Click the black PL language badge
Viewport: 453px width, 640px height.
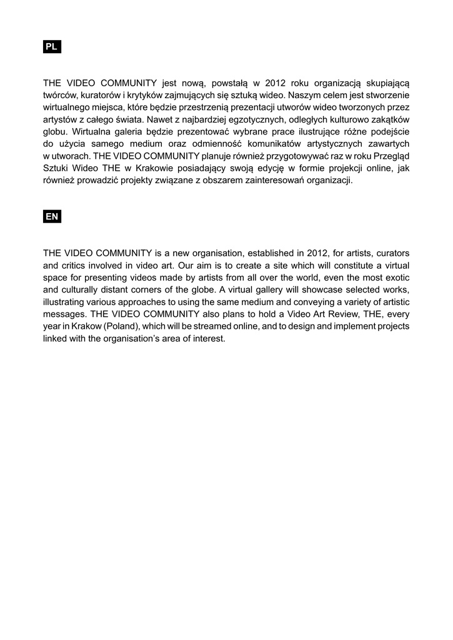coord(52,47)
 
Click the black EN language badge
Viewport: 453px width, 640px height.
coord(52,216)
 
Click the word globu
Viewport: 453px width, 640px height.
coord(55,132)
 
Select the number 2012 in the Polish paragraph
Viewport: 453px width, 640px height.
coord(275,82)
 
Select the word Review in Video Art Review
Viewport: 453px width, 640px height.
coord(339,314)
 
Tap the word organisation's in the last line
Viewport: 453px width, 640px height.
coord(146,339)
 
